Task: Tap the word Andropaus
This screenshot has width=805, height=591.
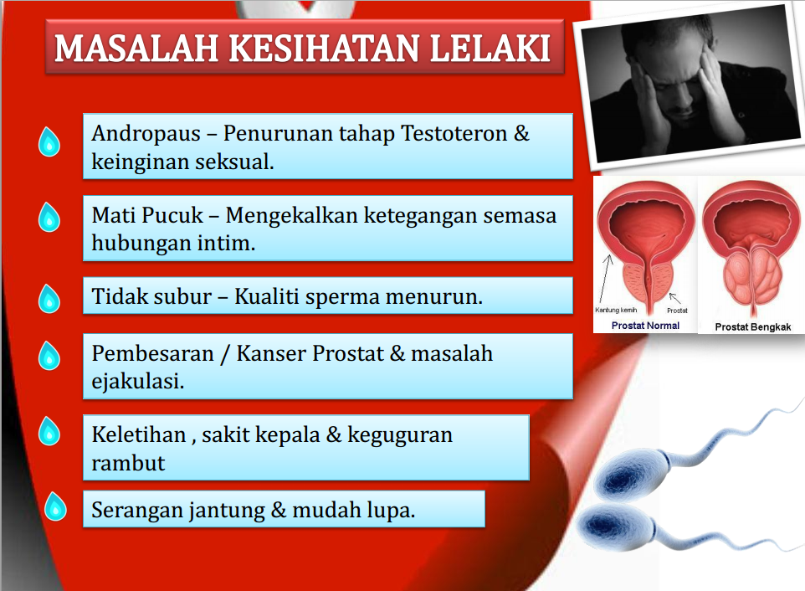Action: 146,134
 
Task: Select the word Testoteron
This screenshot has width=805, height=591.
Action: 454,133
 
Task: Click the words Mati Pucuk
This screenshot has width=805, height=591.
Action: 147,216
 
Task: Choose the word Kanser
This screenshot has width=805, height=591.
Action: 271,353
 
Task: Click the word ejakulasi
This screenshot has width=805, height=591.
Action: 137,382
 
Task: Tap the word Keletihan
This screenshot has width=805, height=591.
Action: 139,434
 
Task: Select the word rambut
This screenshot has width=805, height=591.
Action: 128,463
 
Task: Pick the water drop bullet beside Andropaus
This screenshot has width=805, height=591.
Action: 49,141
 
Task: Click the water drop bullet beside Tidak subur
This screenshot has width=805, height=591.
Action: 49,299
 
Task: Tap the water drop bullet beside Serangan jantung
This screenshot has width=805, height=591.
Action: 55,506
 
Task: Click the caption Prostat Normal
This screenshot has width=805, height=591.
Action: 645,326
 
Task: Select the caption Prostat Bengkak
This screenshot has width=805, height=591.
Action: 752,327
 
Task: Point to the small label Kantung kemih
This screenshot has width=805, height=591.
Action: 616,310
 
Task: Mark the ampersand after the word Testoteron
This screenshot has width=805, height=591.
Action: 521,133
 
